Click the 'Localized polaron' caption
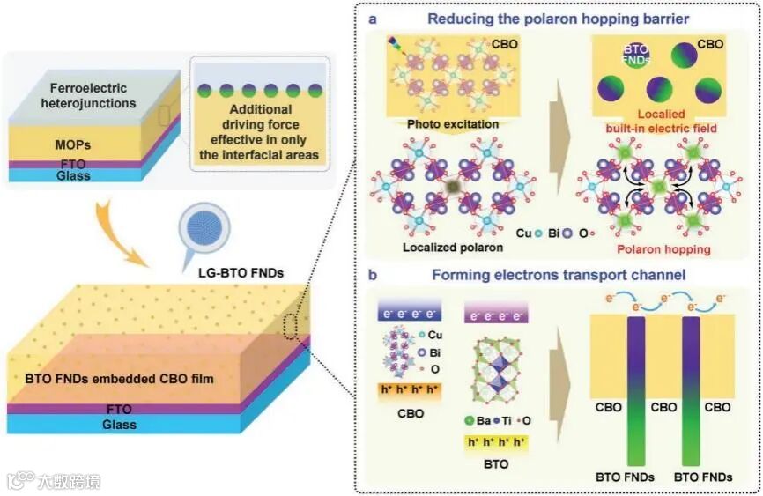click(x=447, y=249)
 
